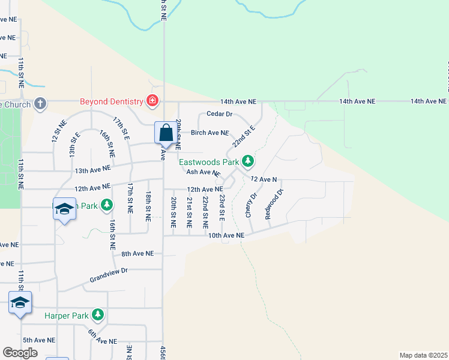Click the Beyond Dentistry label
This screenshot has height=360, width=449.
112,101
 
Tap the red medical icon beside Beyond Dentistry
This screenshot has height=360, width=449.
152,101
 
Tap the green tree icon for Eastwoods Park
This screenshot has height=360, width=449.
247,161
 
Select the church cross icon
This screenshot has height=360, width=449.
40,103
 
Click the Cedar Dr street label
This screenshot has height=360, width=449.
219,113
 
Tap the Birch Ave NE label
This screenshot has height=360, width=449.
209,133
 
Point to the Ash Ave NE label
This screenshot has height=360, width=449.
203,172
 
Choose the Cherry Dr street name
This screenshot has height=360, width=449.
251,205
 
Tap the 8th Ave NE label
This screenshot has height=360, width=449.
137,254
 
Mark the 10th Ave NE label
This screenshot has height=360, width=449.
226,236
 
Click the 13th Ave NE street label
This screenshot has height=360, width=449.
93,170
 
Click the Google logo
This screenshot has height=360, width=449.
20,353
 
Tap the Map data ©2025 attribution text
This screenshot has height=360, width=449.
423,355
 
